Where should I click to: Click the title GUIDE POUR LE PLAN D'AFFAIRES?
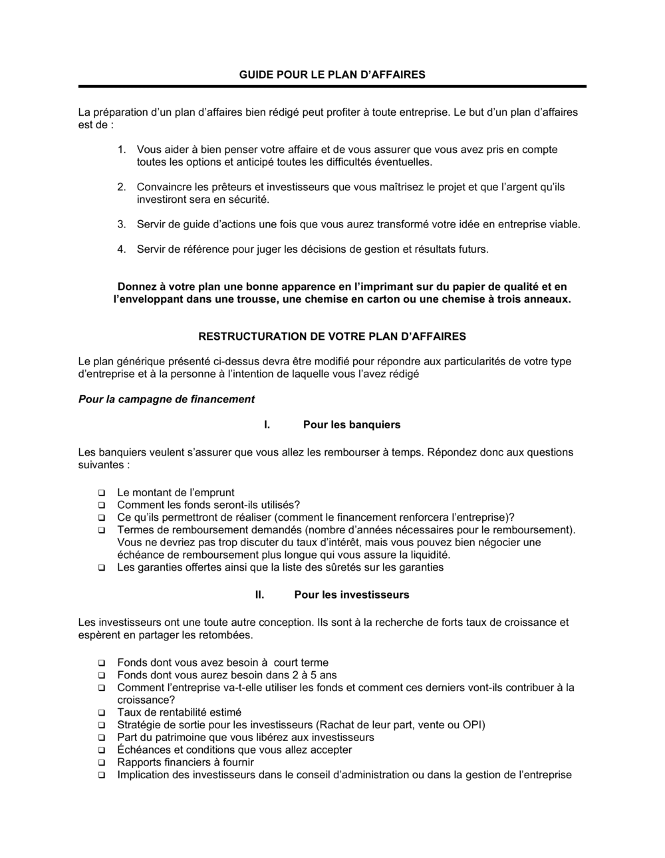coord(332,74)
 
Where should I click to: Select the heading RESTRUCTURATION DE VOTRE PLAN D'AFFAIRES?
coord(332,337)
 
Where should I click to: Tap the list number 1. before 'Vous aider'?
coord(122,150)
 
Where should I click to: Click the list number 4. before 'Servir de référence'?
coord(122,249)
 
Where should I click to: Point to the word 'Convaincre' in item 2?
coord(162,187)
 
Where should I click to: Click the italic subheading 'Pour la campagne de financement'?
coord(166,400)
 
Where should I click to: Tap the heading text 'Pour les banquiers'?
coord(351,425)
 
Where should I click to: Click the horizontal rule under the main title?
coord(332,86)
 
